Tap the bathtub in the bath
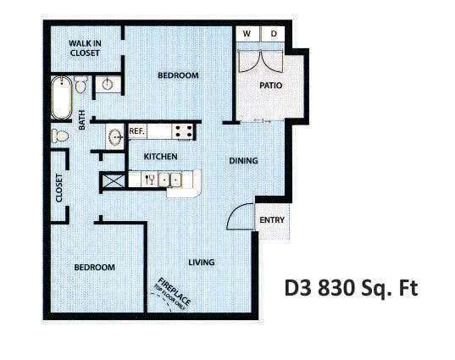pos(61,98)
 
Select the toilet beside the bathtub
pos(80,84)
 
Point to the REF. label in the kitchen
pos(137,131)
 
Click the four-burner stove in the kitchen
pos(181,131)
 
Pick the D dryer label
pos(273,34)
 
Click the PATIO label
pos(270,86)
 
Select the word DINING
pos(244,161)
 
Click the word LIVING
pos(202,263)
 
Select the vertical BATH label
pos(82,123)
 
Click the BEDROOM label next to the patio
pos(178,75)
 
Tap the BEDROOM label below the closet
pos(94,268)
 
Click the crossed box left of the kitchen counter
pos(113,180)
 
